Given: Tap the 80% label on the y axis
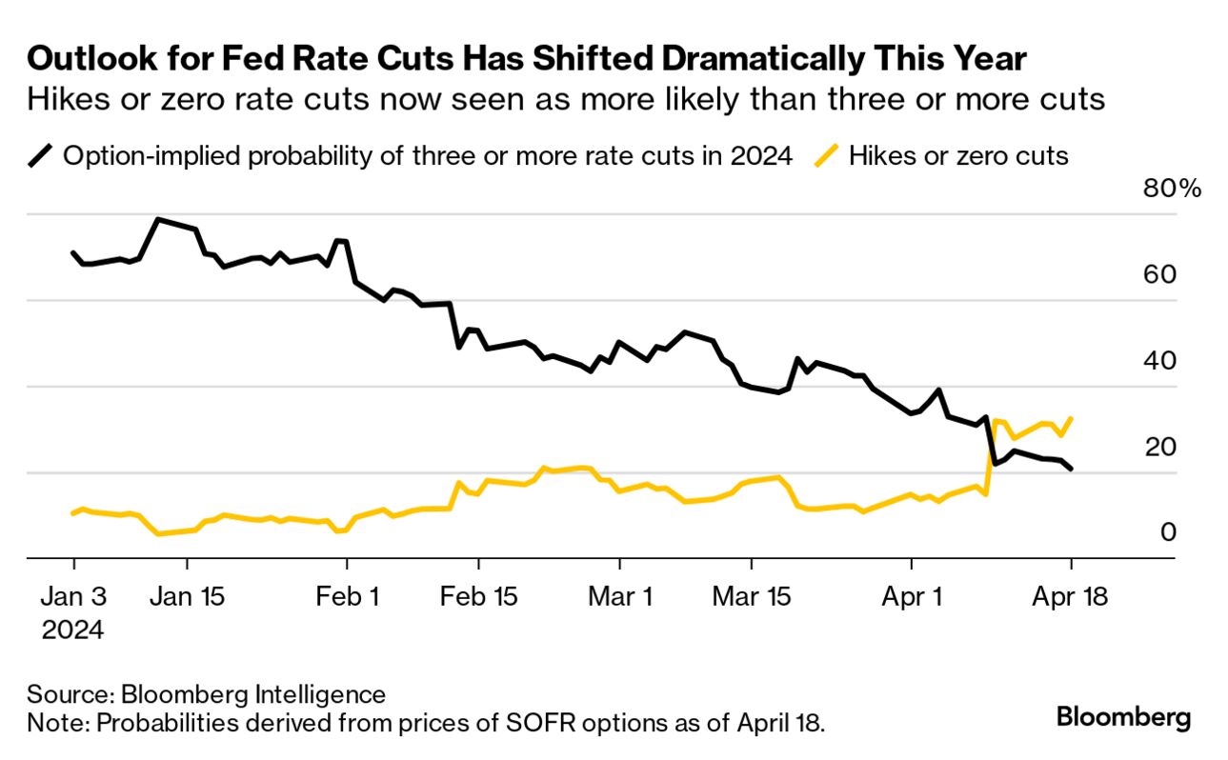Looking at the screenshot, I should click(1172, 189).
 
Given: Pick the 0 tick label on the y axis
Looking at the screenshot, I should click(1168, 532).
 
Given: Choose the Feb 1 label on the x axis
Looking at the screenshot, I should click(347, 597).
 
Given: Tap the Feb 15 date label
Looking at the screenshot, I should click(479, 597).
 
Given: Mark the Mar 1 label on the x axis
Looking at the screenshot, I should click(620, 597).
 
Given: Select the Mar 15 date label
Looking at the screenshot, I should click(751, 597).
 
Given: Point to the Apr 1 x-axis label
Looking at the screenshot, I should click(912, 597).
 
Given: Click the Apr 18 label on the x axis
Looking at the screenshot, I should click(1071, 597).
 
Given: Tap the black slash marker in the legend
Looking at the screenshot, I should click(42, 155).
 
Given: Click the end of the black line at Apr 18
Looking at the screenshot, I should click(1072, 469).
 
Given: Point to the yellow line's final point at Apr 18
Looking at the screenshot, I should click(1072, 418).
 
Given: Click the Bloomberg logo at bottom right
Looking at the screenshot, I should click(1123, 717).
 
